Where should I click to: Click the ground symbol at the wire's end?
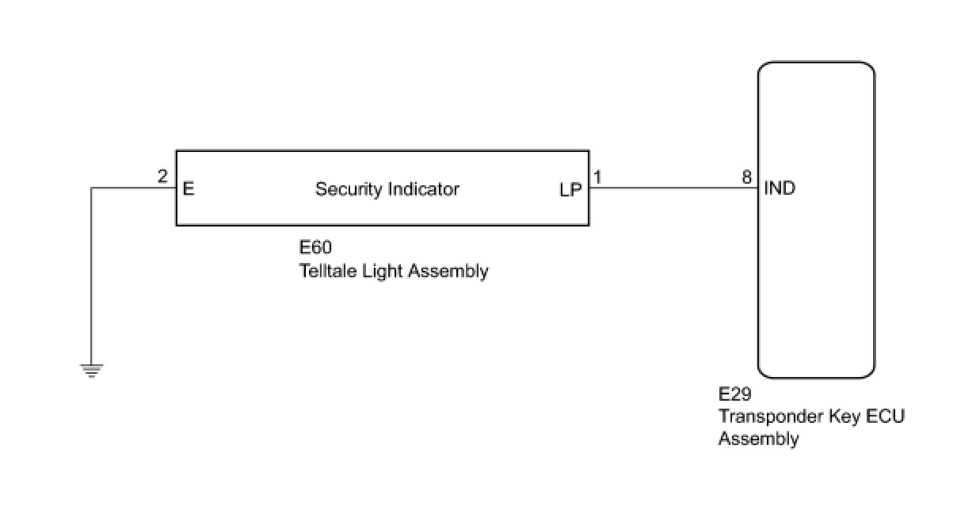click(92, 370)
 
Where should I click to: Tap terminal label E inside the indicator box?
click(188, 189)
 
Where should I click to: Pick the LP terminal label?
click(570, 190)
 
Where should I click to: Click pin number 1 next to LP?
click(597, 177)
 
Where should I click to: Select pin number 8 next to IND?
click(747, 177)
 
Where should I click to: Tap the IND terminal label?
click(780, 189)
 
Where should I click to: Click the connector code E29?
click(734, 394)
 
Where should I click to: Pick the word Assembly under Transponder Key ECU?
click(758, 438)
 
